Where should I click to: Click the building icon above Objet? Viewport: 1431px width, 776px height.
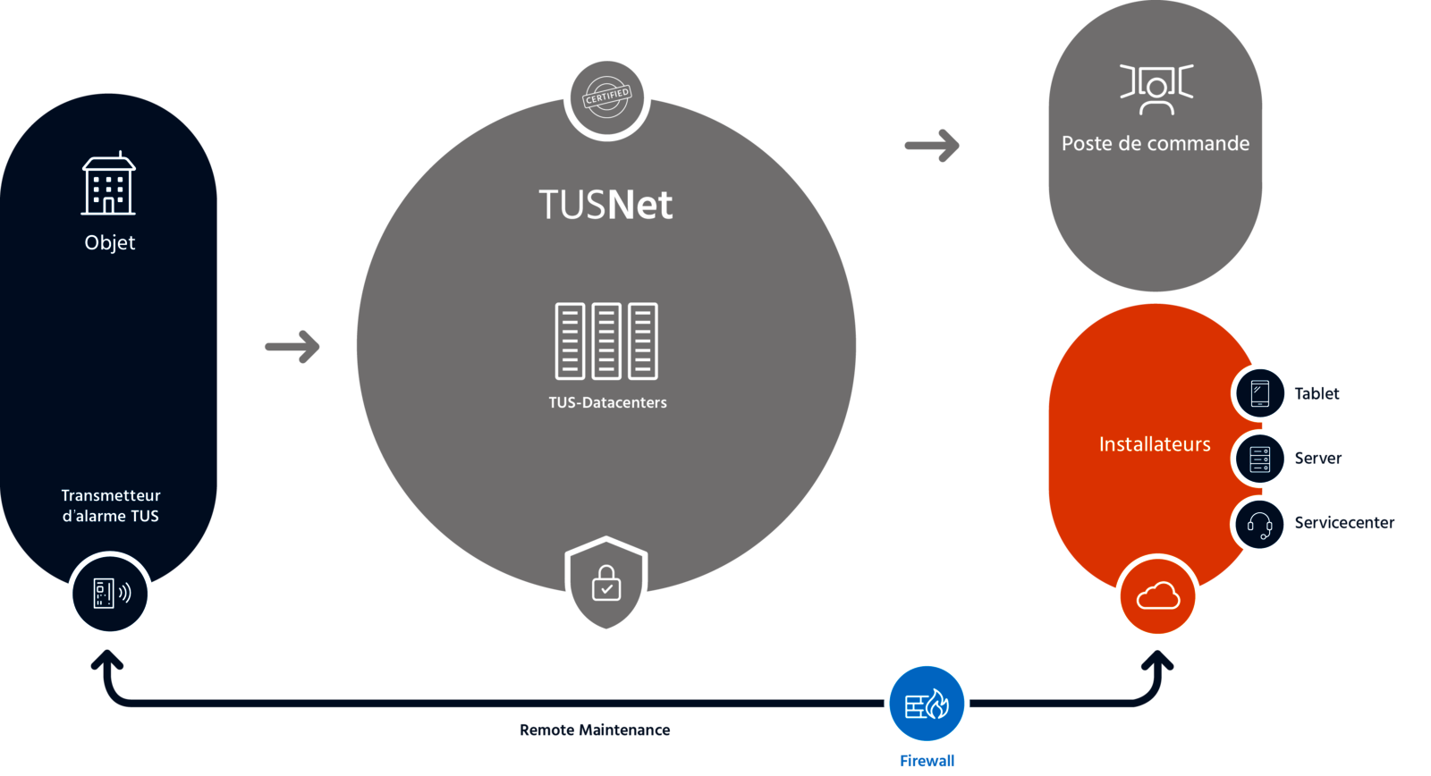click(x=108, y=184)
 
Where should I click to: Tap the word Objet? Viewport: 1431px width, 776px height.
click(x=110, y=242)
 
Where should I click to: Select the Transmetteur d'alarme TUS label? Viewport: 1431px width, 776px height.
click(x=111, y=505)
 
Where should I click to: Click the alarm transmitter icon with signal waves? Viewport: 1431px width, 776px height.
click(x=111, y=594)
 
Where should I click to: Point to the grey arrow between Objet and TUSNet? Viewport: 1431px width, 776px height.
click(x=293, y=347)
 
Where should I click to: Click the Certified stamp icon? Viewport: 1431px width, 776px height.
click(x=606, y=97)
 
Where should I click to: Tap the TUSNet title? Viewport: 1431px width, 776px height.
click(x=605, y=205)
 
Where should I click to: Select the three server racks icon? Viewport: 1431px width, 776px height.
click(x=606, y=341)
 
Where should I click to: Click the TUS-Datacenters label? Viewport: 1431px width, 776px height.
click(x=607, y=402)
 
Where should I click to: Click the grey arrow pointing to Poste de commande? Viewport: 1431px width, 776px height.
click(x=932, y=145)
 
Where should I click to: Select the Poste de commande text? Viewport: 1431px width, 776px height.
click(x=1156, y=143)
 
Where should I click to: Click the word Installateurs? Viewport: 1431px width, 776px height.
click(x=1155, y=444)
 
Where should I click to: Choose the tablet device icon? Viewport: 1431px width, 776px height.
click(x=1260, y=392)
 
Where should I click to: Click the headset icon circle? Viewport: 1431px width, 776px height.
click(x=1260, y=525)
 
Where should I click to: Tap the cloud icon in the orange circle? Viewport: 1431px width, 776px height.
click(x=1158, y=596)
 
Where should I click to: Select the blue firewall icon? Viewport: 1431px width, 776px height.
click(x=927, y=704)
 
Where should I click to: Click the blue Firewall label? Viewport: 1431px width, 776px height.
click(x=927, y=761)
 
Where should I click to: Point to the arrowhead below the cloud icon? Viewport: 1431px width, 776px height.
click(x=1158, y=661)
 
